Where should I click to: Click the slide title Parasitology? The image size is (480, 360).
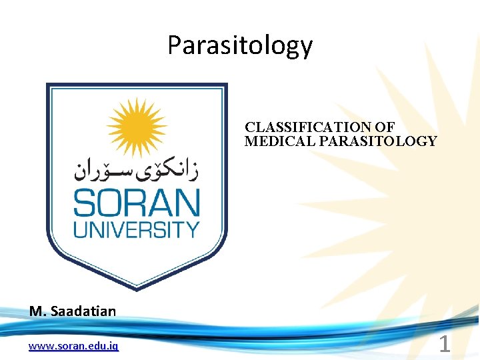point(239,45)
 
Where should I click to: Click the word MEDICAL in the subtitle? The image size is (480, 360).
point(271,141)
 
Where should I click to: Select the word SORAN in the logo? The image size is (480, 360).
point(136,203)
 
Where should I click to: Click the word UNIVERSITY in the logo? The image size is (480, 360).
point(136,230)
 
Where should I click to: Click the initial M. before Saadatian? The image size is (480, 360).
point(35,311)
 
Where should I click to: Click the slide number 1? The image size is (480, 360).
point(444,344)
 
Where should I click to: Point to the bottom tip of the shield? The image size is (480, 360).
point(137,288)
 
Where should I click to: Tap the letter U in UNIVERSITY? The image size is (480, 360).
point(79,230)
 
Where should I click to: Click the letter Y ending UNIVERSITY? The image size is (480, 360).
point(193,230)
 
